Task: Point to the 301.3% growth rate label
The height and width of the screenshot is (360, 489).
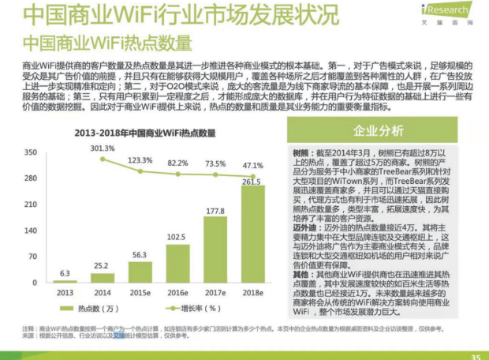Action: [103, 148]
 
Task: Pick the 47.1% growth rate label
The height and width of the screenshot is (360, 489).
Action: [252, 166]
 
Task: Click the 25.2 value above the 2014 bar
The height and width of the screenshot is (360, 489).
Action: [103, 265]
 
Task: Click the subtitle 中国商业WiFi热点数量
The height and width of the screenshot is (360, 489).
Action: [107, 41]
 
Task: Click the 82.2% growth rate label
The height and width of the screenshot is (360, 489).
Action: [177, 163]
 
